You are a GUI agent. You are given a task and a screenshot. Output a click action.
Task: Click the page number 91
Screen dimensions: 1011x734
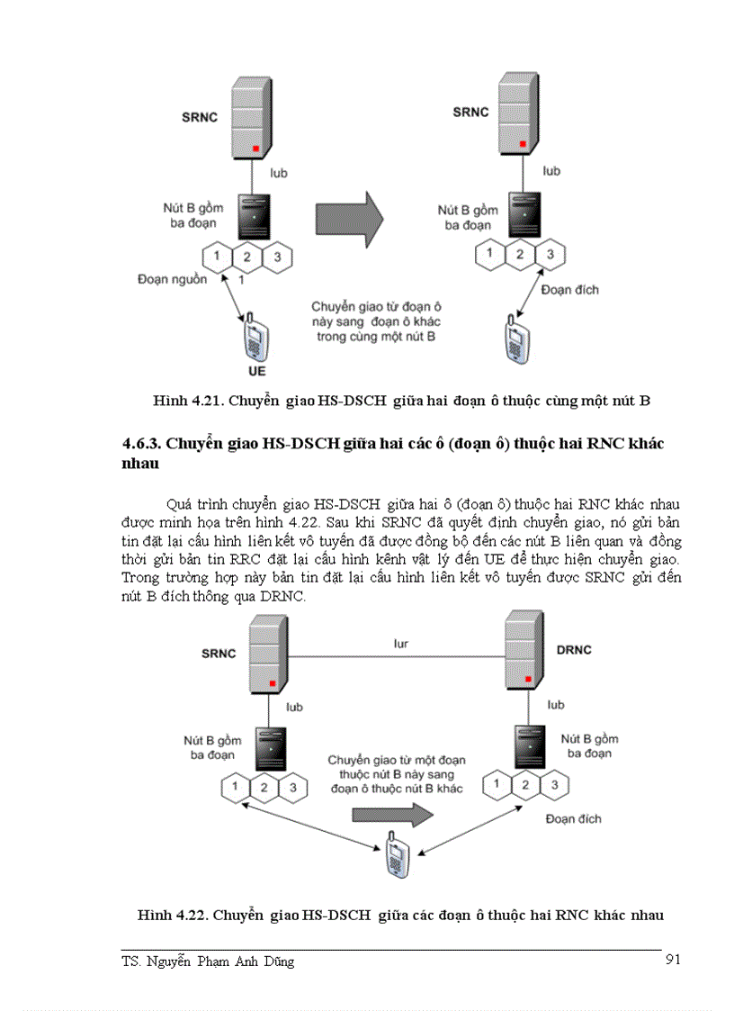672,960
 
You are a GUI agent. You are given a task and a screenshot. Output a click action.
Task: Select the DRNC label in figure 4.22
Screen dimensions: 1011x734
573,650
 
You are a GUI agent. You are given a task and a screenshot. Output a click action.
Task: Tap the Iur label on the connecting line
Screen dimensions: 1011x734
401,644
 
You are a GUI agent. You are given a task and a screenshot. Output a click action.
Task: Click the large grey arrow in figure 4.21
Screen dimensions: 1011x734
349,217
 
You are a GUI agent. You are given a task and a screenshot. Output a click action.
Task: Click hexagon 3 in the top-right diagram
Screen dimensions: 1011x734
550,254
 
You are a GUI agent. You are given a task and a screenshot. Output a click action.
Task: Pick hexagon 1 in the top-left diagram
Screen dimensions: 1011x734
217,257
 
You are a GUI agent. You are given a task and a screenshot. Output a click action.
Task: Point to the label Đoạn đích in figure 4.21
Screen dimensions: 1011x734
569,290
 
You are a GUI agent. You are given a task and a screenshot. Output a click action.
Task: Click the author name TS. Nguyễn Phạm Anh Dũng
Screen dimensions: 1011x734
208,961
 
